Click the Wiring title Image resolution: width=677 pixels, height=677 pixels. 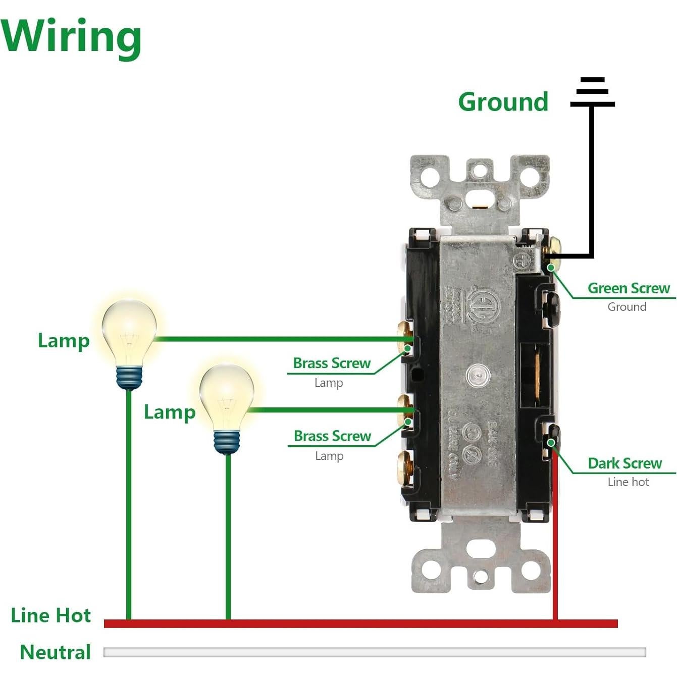click(x=71, y=36)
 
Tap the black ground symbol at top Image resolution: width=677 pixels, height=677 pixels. click(x=592, y=93)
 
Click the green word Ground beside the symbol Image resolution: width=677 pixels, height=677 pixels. click(x=503, y=102)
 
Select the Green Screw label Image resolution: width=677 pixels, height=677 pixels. click(x=629, y=288)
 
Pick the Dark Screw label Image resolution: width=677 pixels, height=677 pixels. click(x=624, y=463)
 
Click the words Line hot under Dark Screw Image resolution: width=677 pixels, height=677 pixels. click(x=628, y=482)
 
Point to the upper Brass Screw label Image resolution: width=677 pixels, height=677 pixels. click(x=332, y=363)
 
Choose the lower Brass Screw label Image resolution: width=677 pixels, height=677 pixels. click(x=332, y=436)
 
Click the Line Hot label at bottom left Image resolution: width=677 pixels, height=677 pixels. click(x=51, y=615)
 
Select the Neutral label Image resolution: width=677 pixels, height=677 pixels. click(x=56, y=652)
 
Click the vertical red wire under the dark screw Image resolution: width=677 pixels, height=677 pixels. click(x=555, y=535)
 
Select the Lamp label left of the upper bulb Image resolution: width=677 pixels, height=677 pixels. click(x=64, y=341)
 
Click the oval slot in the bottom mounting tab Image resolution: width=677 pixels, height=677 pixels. click(x=480, y=548)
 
